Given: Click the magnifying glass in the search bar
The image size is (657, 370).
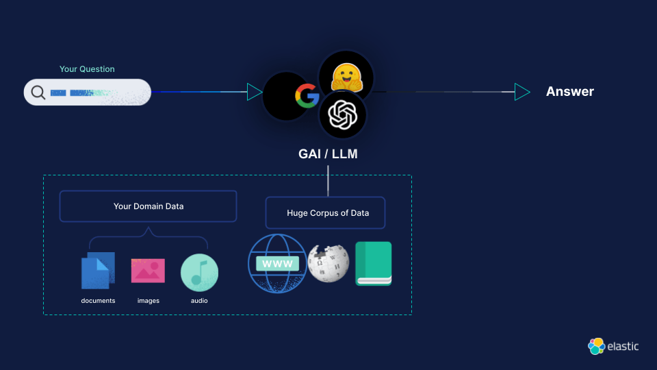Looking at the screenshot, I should point(38,92).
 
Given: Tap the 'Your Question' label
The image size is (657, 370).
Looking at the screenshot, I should point(87,69).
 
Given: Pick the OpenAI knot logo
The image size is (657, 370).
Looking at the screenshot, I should point(343,115).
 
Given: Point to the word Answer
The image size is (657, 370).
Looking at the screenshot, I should point(569,92).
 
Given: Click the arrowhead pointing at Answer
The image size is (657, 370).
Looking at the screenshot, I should point(522,92).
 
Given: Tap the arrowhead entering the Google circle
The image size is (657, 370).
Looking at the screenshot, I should point(255,92).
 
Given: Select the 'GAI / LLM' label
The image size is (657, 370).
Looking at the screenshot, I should point(328,154).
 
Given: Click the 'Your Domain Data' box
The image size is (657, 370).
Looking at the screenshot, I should point(148,206).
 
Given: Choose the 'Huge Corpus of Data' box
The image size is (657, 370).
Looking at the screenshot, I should point(326,213).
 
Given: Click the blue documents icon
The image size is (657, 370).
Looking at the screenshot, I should point(98,270).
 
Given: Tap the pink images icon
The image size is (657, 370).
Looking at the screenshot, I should point(148,271).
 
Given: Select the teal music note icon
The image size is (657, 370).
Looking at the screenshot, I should point(199,272).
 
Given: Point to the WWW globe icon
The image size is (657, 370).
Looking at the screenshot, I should point(277,263).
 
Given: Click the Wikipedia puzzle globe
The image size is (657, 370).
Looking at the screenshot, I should point(328,263).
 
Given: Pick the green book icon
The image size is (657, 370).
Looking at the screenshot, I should point(373,263).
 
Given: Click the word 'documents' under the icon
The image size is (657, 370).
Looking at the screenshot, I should point(98,301).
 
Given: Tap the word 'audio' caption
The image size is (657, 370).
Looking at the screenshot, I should point(199,301).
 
